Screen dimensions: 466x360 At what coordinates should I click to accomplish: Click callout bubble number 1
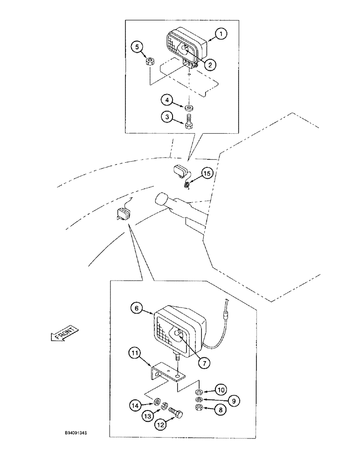(222, 33)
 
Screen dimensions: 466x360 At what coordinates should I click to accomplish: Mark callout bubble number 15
(207, 173)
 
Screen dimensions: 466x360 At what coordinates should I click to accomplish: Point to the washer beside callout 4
(189, 107)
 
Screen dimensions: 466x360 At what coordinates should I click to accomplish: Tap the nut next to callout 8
(199, 408)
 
